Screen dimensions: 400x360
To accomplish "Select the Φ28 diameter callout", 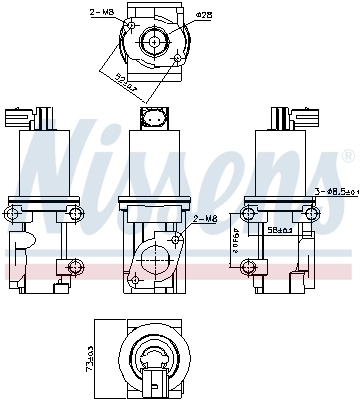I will (203, 15).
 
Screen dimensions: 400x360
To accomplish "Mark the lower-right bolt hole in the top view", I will (177, 60).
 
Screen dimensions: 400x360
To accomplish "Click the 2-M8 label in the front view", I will (203, 217).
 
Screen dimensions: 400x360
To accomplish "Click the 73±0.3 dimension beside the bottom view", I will (89, 356).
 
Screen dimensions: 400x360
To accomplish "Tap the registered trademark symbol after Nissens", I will (347, 155).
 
